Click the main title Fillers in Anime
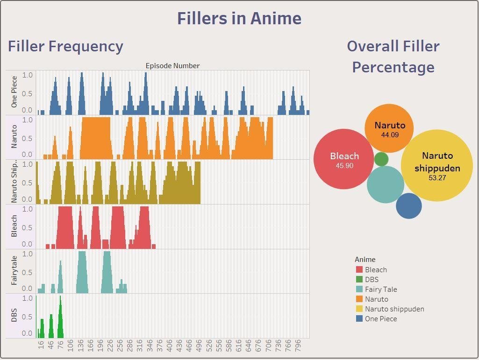pos(239,19)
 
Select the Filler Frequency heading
pos(65,47)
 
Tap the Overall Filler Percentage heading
pos(393,56)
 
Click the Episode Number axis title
pos(172,66)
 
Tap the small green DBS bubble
pos(381,159)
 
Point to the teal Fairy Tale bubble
pos(385,184)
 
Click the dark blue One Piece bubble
pos(409,206)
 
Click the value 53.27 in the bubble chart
pos(437,177)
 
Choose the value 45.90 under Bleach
pos(344,166)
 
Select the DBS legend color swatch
pos(359,280)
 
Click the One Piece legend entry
pos(381,319)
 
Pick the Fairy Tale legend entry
pos(381,289)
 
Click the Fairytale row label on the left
pos(14,271)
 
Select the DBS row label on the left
pos(14,316)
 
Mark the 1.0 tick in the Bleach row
pos(28,209)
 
